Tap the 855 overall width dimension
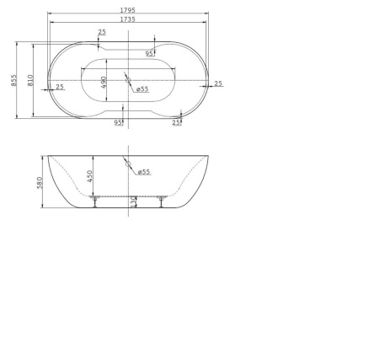[x=14, y=80]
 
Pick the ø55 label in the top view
[x=143, y=89]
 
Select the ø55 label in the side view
[x=144, y=172]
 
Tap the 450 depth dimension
[x=89, y=177]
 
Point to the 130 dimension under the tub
[x=133, y=201]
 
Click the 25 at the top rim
[x=102, y=32]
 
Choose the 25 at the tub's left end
[x=60, y=87]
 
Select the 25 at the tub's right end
[x=218, y=83]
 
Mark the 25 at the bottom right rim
[x=176, y=122]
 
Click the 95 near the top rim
[x=149, y=54]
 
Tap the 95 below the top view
[x=118, y=122]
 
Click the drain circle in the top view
[x=127, y=80]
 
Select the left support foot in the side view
[x=98, y=199]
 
